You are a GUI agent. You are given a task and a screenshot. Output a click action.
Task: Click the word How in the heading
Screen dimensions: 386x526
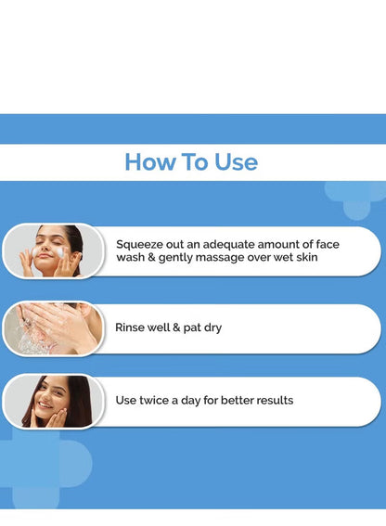click(150, 162)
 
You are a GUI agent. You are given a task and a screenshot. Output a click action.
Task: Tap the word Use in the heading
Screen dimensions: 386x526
click(236, 162)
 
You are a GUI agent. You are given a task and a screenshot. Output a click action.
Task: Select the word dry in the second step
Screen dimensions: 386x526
click(212, 328)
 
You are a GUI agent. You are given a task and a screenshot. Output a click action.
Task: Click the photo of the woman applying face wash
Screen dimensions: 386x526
click(53, 250)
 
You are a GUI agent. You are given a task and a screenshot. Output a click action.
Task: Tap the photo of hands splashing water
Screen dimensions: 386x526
click(53, 328)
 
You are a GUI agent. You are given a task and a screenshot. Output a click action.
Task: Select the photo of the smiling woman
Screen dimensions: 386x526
click(53, 401)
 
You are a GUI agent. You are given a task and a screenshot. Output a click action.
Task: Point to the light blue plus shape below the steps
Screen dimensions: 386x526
click(37, 468)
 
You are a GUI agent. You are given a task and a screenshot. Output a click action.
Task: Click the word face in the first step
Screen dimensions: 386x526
click(328, 244)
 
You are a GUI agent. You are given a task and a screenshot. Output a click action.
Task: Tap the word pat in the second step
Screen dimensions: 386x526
click(192, 328)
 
